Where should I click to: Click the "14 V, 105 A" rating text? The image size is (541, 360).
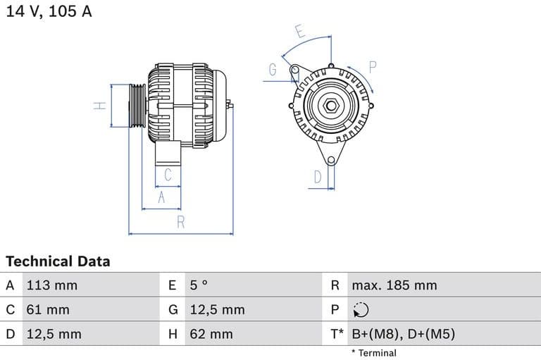(49, 11)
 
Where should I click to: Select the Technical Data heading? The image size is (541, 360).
(58, 261)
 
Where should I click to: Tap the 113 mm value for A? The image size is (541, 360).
(51, 285)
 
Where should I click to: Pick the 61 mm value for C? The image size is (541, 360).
(47, 309)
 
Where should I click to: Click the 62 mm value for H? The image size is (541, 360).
(211, 334)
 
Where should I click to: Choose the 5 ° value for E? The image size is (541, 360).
(199, 285)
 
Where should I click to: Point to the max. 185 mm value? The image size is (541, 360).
(394, 285)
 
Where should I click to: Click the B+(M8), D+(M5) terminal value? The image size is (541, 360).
(403, 334)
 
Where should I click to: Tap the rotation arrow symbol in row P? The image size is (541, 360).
(360, 310)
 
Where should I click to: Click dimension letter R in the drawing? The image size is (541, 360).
(180, 222)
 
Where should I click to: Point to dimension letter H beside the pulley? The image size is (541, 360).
(100, 106)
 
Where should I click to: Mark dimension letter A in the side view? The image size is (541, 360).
(161, 198)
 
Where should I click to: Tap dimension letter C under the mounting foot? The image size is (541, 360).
(168, 174)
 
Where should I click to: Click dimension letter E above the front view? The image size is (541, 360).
(299, 32)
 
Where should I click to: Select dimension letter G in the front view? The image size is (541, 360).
(273, 70)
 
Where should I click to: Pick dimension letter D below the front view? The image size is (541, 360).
(318, 177)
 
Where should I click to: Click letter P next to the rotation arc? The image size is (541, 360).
(373, 67)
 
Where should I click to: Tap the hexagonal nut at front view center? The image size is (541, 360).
(330, 106)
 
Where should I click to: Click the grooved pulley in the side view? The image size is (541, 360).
(137, 106)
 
